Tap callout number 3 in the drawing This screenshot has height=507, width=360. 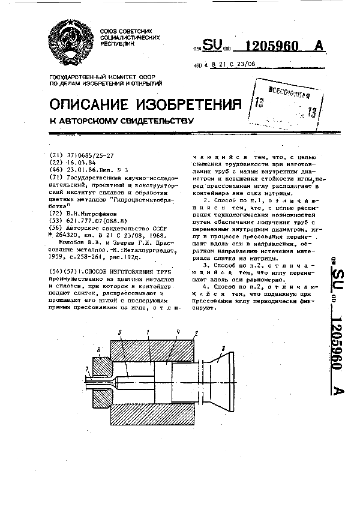tap(223, 348)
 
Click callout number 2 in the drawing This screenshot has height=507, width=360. tap(196, 332)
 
